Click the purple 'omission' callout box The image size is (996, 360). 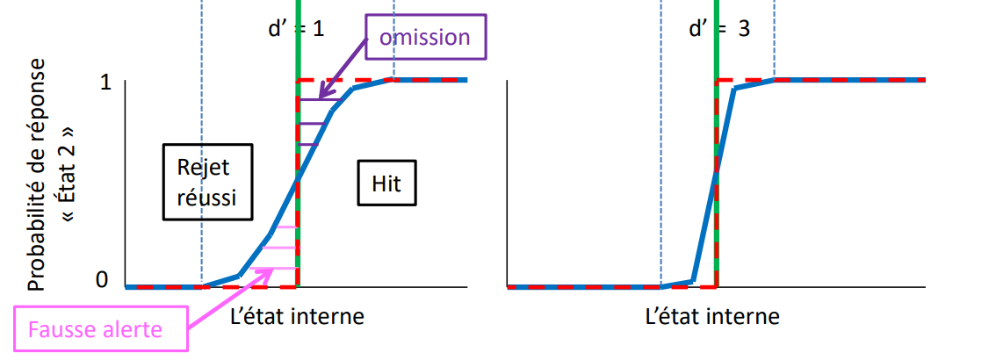(424, 37)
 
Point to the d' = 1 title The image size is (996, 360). (296, 27)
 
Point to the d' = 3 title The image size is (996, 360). (719, 27)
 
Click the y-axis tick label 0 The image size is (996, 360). (102, 280)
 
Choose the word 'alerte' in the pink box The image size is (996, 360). (134, 330)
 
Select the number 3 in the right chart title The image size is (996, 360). (744, 27)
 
